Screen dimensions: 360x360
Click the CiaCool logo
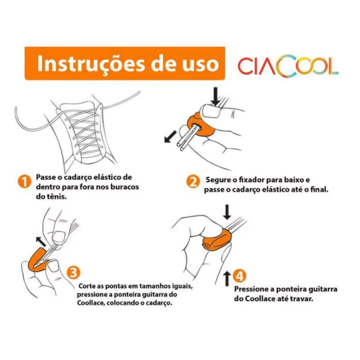click(288, 66)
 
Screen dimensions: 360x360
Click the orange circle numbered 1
click(25, 182)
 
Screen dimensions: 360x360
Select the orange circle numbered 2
click(193, 182)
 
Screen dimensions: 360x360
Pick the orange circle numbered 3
click(74, 273)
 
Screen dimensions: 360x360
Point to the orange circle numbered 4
click(240, 276)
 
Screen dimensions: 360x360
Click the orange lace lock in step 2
click(200, 125)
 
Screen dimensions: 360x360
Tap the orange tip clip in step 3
click(38, 260)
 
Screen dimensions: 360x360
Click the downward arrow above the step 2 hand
click(215, 96)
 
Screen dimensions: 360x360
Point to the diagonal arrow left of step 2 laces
click(170, 137)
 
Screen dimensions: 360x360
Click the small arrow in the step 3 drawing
click(41, 241)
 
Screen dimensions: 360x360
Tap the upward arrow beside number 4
click(227, 278)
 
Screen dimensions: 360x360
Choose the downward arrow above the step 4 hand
click(227, 212)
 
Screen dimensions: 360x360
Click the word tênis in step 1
click(55, 196)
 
